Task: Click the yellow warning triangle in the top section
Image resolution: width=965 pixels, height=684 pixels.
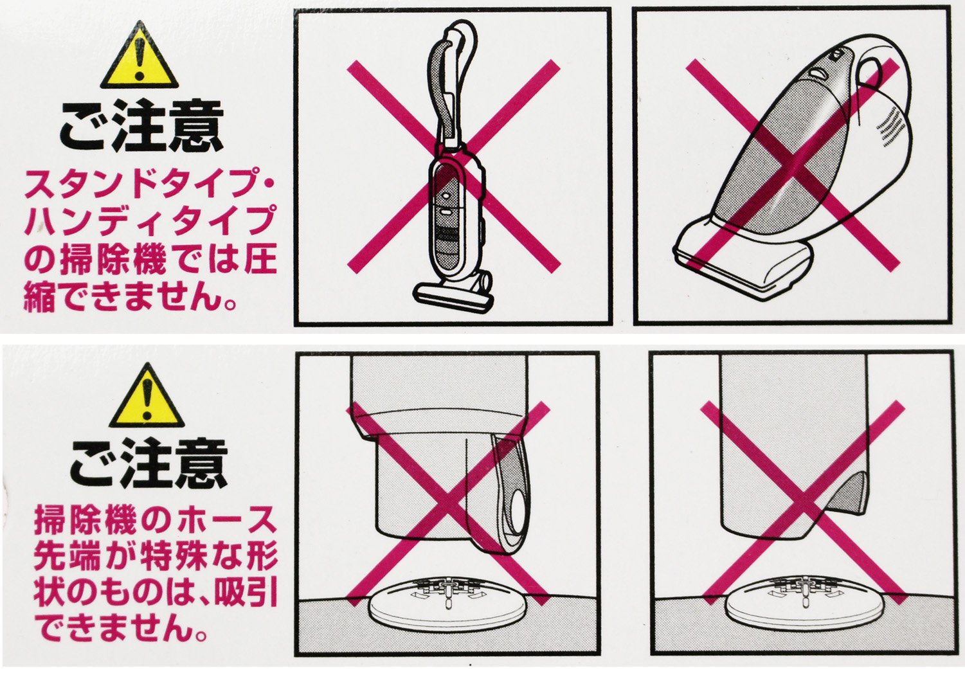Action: tap(139, 57)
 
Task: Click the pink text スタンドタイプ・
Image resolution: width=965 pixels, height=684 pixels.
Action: tap(149, 184)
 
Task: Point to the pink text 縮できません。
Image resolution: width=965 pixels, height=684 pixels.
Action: tap(130, 297)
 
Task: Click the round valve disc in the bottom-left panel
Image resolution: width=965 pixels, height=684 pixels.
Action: tap(447, 605)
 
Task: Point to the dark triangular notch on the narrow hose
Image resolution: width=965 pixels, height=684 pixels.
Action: tap(840, 496)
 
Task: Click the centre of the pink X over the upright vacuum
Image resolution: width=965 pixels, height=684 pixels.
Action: tap(453, 166)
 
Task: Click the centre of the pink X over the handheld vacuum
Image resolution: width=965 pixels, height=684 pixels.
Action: tap(793, 165)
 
